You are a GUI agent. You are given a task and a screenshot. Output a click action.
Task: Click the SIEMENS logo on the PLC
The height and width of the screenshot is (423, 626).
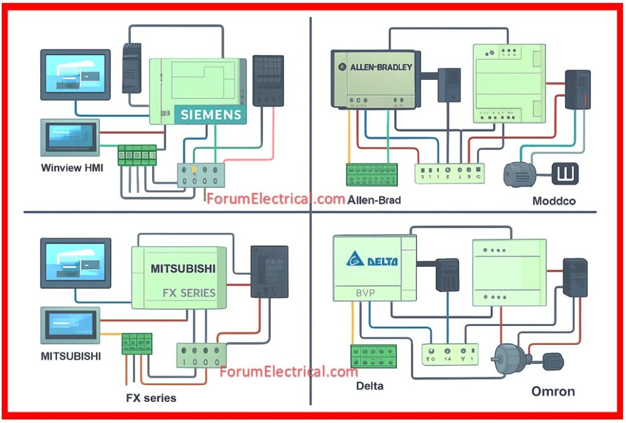(211, 115)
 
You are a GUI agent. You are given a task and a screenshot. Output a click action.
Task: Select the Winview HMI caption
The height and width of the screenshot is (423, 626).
(72, 167)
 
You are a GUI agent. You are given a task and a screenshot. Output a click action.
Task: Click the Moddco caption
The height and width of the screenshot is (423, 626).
(553, 200)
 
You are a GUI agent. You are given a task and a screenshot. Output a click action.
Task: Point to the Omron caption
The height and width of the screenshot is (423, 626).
(553, 391)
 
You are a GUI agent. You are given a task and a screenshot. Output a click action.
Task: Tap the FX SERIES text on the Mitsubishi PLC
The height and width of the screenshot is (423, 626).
(189, 292)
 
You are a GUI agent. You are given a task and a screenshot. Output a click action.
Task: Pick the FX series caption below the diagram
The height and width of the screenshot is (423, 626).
(151, 398)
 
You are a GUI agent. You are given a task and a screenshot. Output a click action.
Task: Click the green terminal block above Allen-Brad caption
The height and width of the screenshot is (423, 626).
(372, 174)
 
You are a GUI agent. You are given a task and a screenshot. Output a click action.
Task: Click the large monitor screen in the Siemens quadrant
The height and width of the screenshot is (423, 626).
(75, 75)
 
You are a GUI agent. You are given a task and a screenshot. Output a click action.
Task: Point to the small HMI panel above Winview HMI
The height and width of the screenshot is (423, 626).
(70, 137)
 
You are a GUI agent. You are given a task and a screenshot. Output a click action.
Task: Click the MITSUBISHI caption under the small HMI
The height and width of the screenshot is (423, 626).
(72, 355)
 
